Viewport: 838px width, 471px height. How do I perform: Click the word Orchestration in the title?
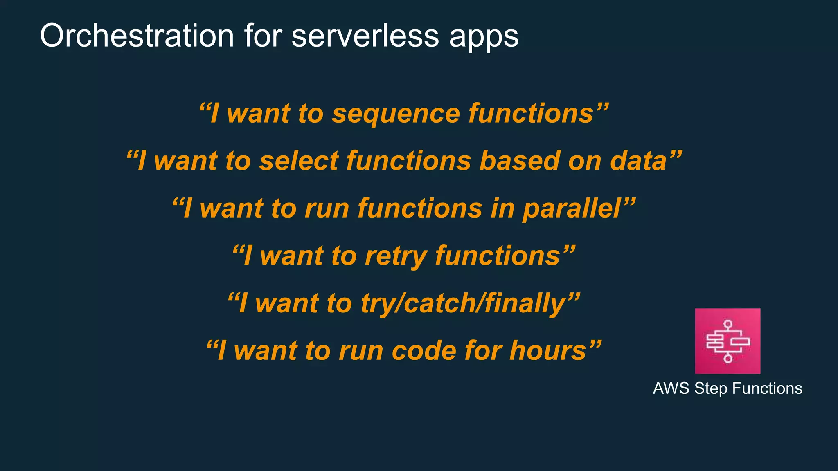137,36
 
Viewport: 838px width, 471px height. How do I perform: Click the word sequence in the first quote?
396,113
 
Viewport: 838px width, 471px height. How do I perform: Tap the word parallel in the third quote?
572,209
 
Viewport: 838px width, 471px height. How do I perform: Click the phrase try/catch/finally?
463,304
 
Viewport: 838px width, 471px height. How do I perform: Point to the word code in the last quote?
424,351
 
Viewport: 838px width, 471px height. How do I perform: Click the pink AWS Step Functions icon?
728,341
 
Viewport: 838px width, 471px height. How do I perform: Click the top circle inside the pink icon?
728,324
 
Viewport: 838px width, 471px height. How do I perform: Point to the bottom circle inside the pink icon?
728,359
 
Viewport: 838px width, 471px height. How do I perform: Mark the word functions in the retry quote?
497,256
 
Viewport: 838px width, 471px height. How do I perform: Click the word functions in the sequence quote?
531,113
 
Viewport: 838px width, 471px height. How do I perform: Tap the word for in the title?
263,36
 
